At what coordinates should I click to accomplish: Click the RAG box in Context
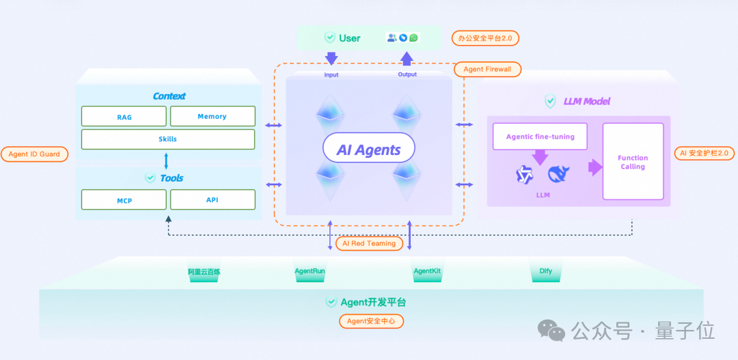tap(124, 116)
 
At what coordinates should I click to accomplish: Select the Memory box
tap(213, 116)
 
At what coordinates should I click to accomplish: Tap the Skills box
tap(168, 139)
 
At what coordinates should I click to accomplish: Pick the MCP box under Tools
tap(124, 199)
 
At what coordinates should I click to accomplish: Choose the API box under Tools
tap(213, 199)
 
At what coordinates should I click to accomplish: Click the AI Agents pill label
tap(369, 150)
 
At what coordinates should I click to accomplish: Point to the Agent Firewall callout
tap(488, 69)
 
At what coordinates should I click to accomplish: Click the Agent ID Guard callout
tap(34, 154)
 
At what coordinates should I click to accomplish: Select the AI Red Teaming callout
tap(369, 243)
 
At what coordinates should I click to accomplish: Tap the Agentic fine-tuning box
tap(541, 137)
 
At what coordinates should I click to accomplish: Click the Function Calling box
tap(633, 162)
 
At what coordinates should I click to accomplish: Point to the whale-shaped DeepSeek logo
tap(558, 174)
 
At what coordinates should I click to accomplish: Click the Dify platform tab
tap(545, 271)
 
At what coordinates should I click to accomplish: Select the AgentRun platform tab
tap(310, 271)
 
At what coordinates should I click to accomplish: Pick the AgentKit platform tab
tap(427, 271)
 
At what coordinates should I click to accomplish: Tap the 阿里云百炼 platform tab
tap(204, 271)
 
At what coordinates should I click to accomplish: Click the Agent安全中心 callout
tap(371, 321)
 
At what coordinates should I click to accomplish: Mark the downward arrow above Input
tap(331, 58)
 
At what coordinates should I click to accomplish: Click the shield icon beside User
tap(330, 38)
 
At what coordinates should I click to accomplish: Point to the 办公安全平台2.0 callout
tap(487, 38)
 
